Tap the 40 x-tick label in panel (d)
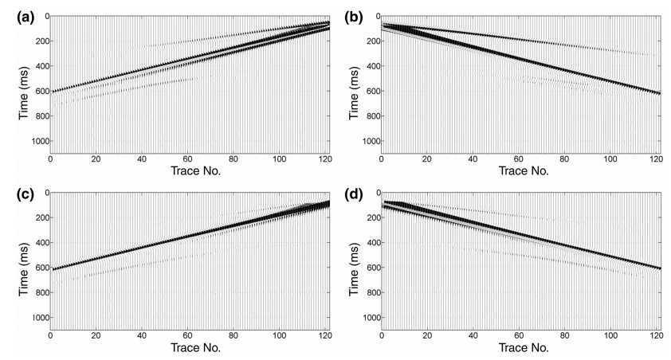[x=474, y=335]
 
